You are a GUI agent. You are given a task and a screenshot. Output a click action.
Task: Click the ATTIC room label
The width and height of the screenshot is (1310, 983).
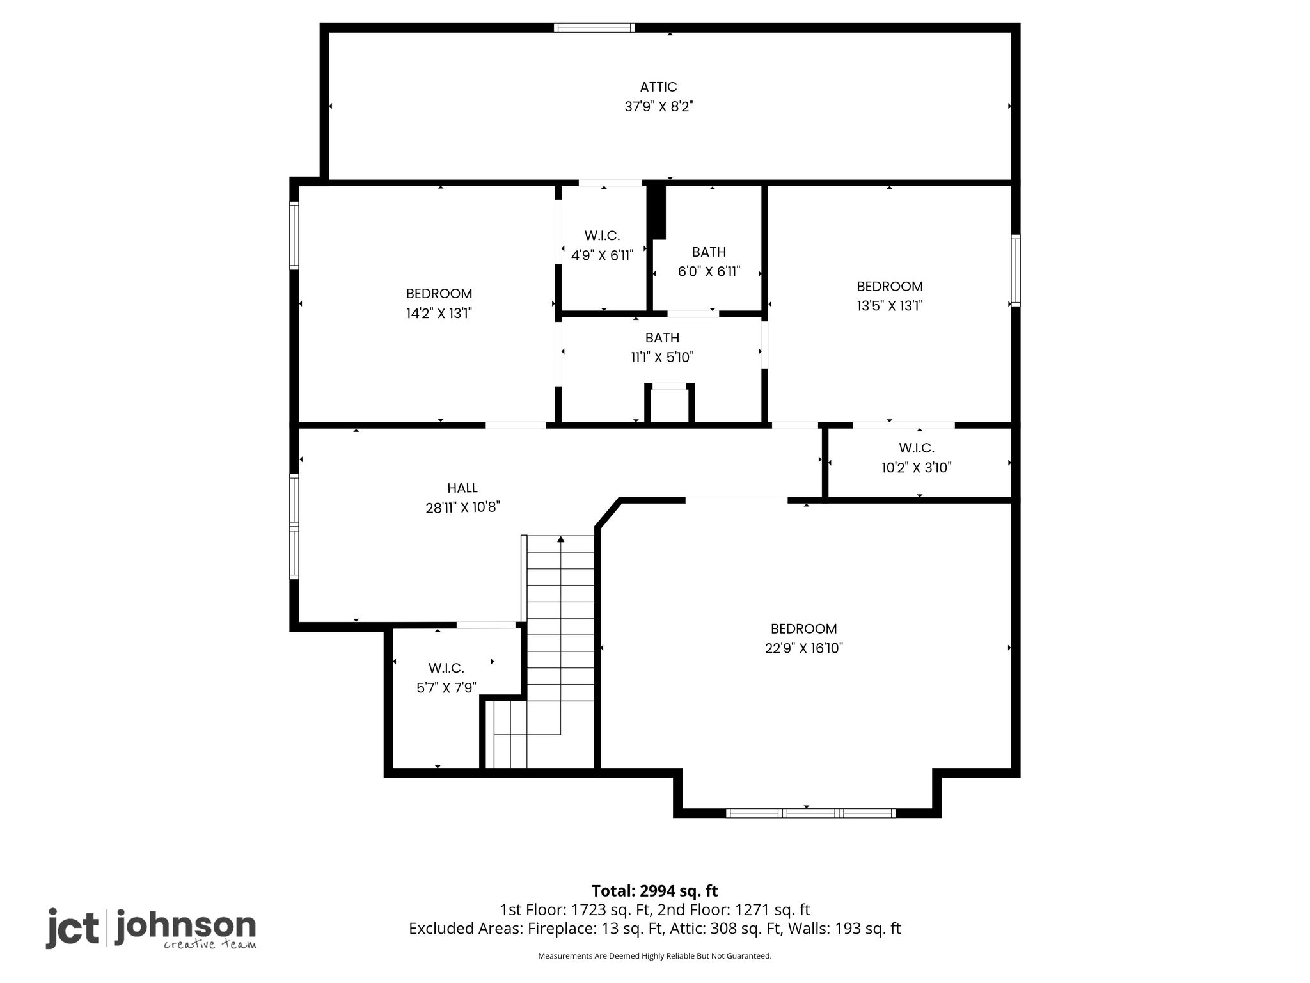pos(658,86)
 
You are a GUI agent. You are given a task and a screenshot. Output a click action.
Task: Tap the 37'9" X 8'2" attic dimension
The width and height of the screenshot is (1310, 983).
pos(659,106)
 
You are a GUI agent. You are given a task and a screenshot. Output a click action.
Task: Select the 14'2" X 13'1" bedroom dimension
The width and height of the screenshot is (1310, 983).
pos(439,313)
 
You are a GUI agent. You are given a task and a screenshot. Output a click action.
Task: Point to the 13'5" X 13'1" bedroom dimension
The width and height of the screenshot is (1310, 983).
pos(890,305)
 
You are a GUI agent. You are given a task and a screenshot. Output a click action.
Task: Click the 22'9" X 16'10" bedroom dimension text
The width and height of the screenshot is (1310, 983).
pos(804,648)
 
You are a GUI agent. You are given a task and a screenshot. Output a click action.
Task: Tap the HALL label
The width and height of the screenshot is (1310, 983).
pos(462,488)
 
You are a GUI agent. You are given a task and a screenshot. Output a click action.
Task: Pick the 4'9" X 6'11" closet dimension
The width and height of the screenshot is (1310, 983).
pos(602,255)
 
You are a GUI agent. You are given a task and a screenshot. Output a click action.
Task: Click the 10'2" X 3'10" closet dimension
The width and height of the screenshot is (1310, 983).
pos(917,467)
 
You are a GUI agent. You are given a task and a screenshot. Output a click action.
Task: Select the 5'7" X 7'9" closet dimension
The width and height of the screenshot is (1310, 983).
pos(446,688)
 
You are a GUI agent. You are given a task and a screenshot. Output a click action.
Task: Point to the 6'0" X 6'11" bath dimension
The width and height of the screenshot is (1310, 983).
pos(709,271)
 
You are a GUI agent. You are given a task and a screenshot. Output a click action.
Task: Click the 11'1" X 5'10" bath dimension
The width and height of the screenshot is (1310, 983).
pos(662,357)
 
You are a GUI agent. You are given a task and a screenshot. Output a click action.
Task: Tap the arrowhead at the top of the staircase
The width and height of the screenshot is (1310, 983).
pos(561,539)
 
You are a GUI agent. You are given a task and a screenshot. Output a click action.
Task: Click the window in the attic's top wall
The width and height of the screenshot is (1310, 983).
pos(594,28)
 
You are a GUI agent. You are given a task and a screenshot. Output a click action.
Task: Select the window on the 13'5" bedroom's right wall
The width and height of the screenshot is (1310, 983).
pos(1015,270)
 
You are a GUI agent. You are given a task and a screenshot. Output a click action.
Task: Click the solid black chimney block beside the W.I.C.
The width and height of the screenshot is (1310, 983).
pos(656,212)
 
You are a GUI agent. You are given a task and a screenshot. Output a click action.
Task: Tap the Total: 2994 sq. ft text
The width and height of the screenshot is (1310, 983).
pos(654,891)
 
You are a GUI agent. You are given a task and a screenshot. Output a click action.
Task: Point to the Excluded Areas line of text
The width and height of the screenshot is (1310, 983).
pos(655,928)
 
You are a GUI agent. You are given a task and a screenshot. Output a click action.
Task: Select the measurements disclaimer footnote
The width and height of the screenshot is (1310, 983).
pos(655,956)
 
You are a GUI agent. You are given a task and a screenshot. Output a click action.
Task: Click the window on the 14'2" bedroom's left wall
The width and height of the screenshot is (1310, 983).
pos(294,234)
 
